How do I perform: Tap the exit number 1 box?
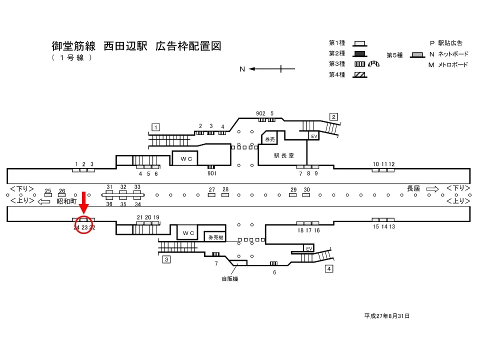[156, 127]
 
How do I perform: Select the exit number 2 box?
[333, 116]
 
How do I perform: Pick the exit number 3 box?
[166, 259]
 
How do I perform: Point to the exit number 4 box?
[328, 269]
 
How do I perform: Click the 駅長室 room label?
[283, 155]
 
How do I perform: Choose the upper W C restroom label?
[186, 158]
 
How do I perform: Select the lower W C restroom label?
[188, 233]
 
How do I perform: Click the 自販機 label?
[230, 278]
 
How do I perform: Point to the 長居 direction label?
[413, 188]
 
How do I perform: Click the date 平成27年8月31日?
[387, 316]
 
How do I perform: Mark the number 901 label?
[211, 173]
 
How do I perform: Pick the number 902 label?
[260, 113]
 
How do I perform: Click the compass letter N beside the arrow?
[242, 69]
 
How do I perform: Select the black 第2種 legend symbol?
[359, 53]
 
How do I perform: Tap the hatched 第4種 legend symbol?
[359, 74]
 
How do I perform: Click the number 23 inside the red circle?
[84, 227]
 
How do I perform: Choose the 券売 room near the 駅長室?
[270, 139]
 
